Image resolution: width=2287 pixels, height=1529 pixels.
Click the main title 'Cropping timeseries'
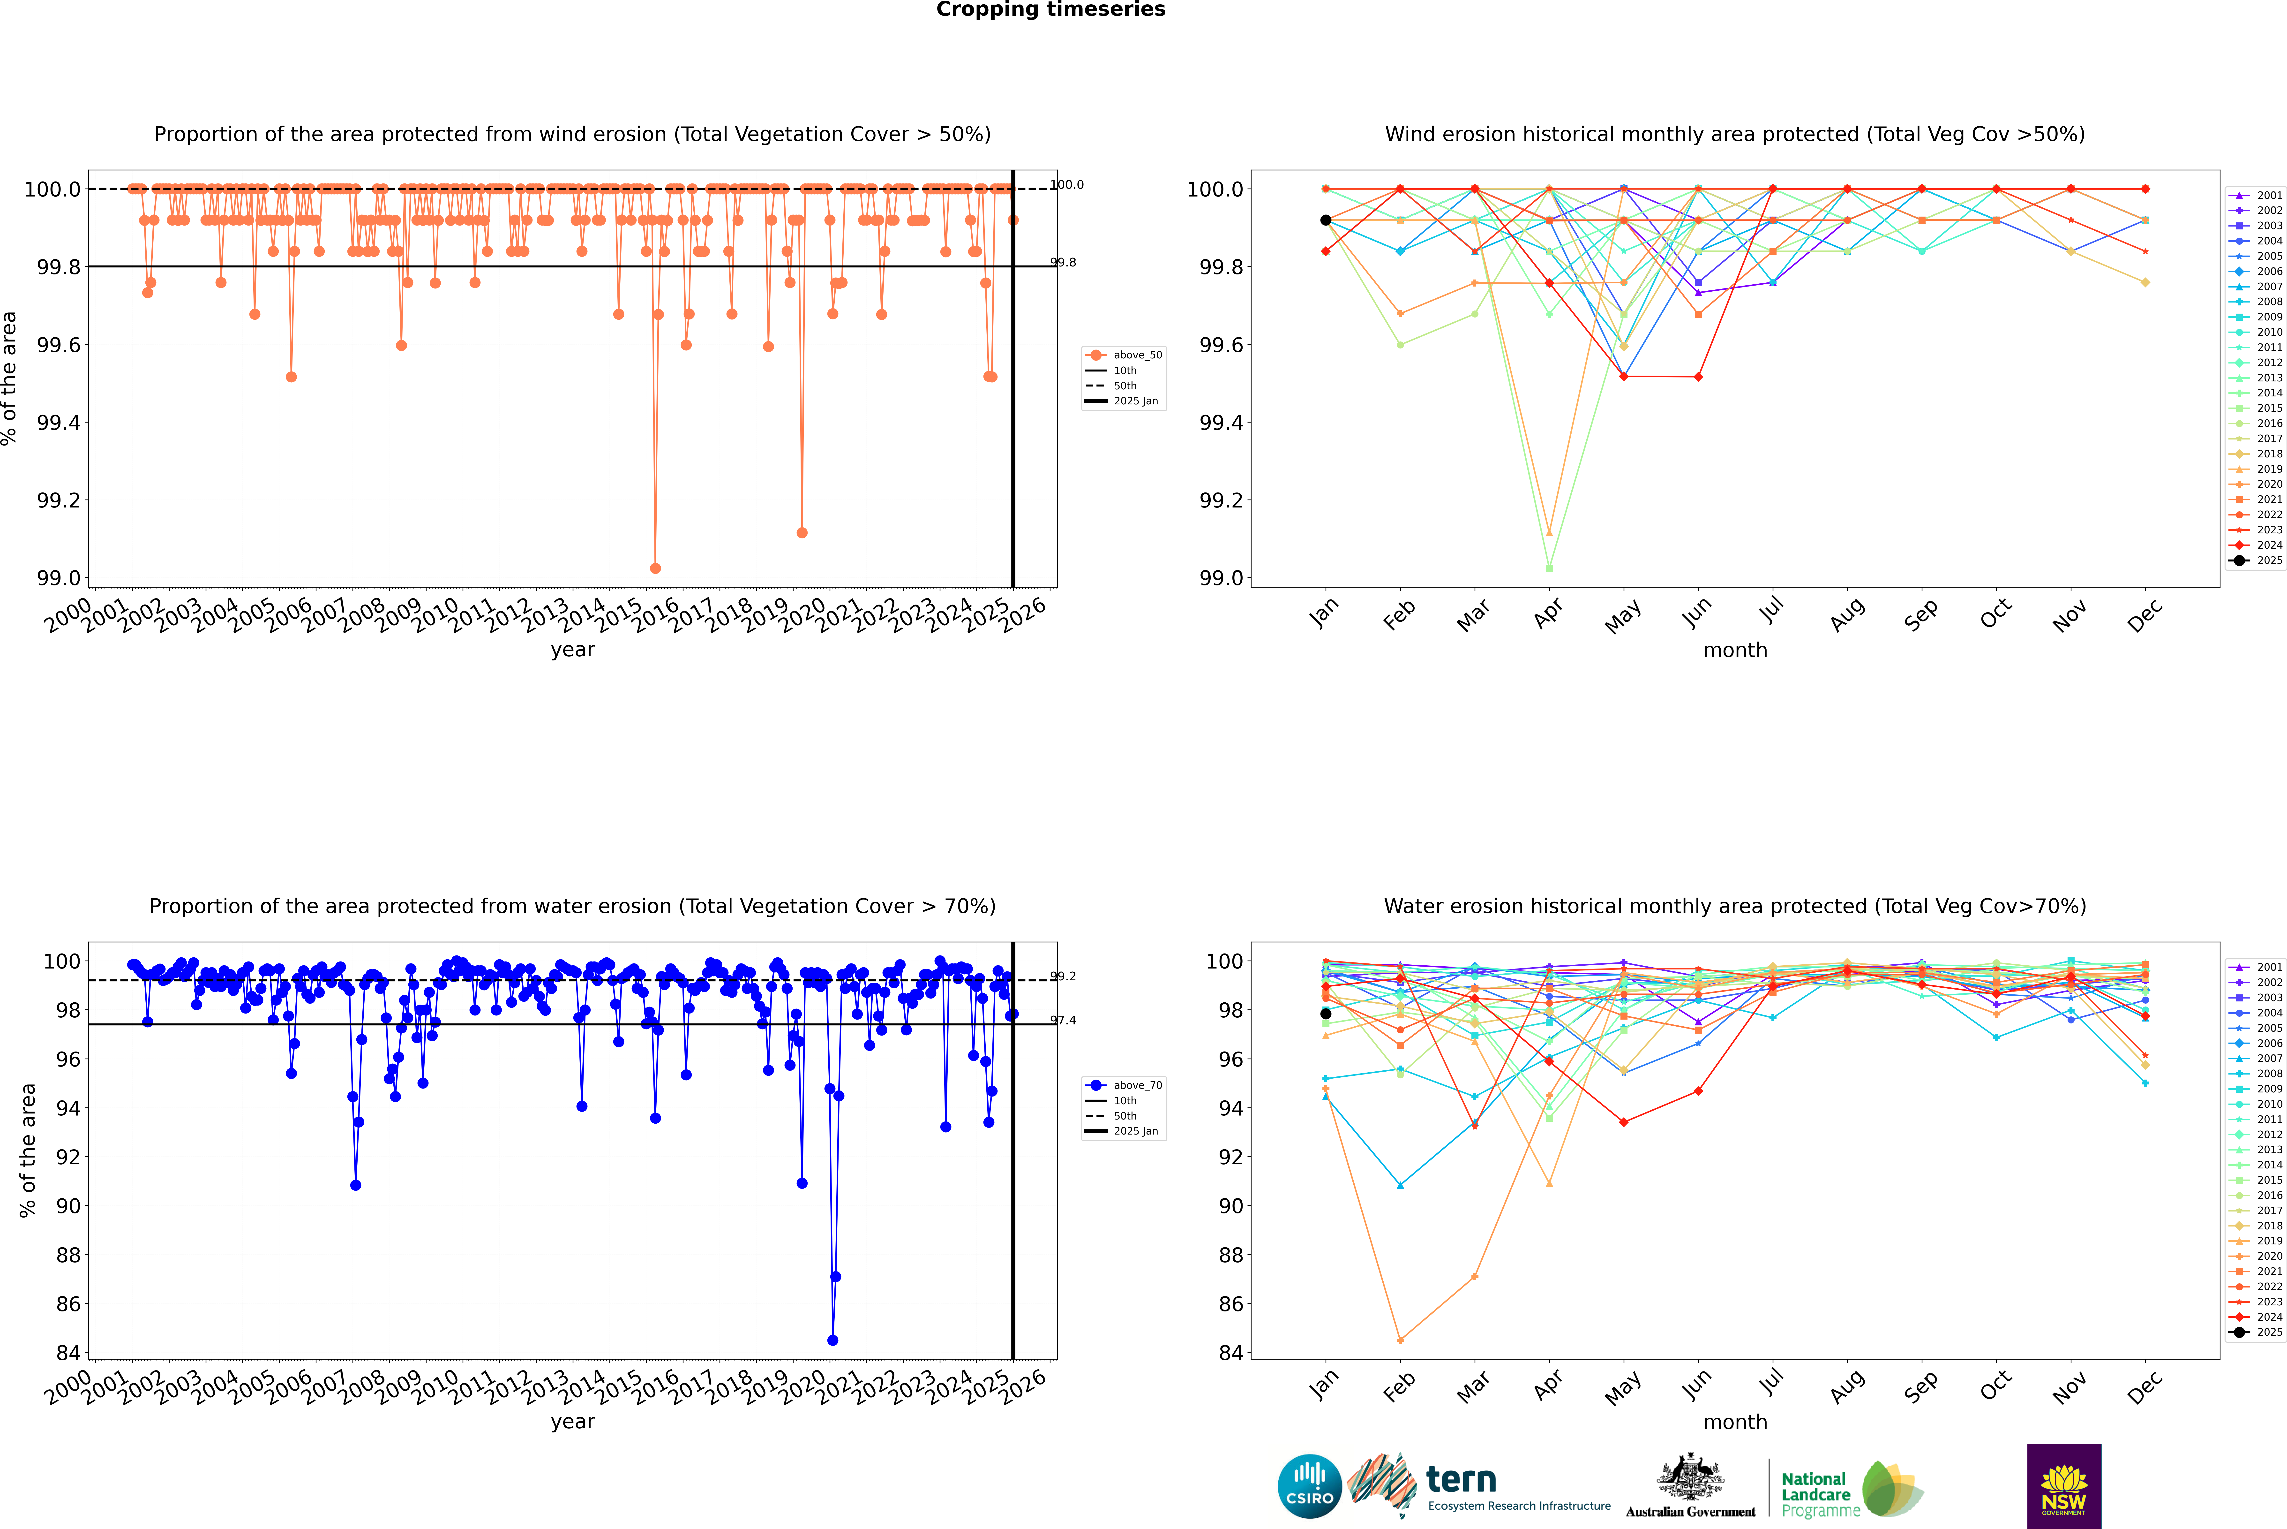(1050, 10)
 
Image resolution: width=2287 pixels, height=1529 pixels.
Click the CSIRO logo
(1309, 1486)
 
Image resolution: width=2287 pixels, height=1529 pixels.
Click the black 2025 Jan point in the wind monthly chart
(1326, 220)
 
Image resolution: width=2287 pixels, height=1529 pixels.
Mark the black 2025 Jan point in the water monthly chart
(1326, 1014)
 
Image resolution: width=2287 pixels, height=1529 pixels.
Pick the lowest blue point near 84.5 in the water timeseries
(832, 1340)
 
